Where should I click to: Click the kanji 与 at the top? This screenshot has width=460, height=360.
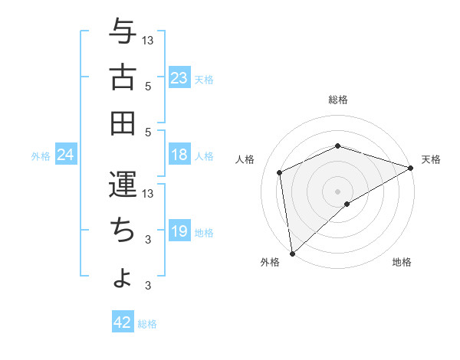coord(123,32)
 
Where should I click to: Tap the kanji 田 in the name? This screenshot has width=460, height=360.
coord(123,122)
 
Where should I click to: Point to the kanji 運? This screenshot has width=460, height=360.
coord(123,185)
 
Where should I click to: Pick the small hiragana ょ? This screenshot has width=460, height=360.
coord(123,277)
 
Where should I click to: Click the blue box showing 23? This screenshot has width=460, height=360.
coord(179,78)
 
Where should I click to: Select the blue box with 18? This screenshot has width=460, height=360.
coord(179,155)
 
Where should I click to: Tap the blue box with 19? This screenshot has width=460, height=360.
coord(179,231)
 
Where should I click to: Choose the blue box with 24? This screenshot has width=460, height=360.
coord(66,155)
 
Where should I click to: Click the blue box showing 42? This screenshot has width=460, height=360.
coord(123,323)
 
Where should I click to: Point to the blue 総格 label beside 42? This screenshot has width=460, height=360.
coord(147,324)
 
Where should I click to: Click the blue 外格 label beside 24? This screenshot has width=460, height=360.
coord(41,156)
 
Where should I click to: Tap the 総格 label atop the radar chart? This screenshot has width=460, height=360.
coord(338,100)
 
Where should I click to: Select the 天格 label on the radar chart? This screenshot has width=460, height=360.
coord(431,159)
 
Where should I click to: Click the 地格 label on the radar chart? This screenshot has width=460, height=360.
coord(402,262)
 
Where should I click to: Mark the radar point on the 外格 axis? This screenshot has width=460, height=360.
coord(292,253)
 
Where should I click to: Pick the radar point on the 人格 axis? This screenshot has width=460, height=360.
coord(280,172)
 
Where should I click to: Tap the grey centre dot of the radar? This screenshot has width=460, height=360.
coord(338,191)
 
